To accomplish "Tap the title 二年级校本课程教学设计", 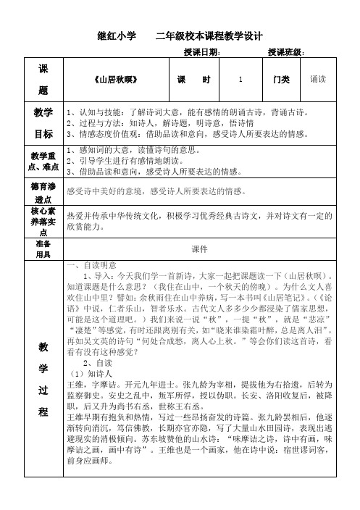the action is coord(209,35).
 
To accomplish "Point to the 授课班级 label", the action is coord(286,52).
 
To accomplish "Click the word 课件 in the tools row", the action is coord(199,248).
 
